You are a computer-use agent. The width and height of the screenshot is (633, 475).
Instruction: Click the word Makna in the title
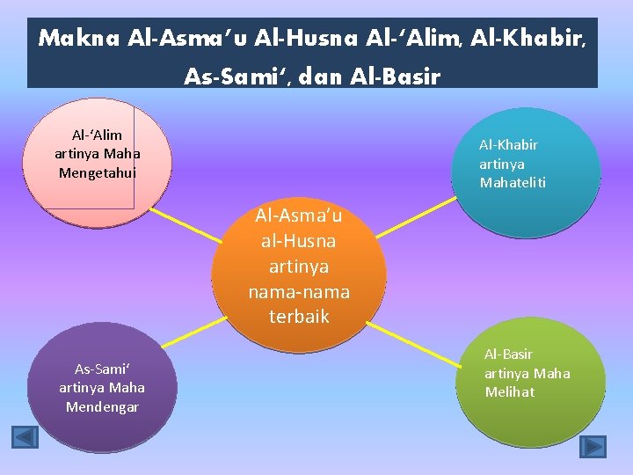[x=80, y=39]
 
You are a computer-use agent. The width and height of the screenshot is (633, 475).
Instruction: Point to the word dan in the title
[x=321, y=77]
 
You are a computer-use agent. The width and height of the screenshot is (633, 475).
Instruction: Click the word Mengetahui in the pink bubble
[x=98, y=173]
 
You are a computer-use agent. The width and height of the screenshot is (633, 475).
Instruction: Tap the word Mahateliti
[x=513, y=183]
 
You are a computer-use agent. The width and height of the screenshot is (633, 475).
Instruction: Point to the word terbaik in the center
[x=299, y=316]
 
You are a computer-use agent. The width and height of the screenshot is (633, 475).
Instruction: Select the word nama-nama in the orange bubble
[x=299, y=291]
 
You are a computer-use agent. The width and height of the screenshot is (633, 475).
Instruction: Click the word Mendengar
[x=102, y=406]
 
